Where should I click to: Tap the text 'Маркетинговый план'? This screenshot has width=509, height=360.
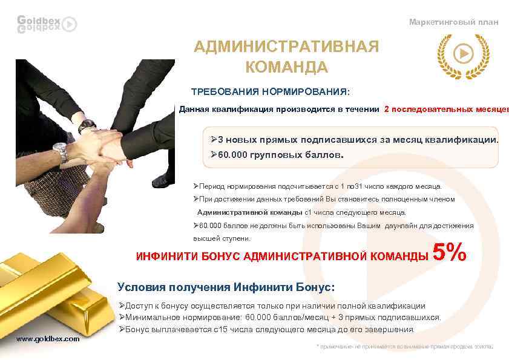[x=453, y=22]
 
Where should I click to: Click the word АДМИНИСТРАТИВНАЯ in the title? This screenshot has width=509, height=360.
[x=286, y=47]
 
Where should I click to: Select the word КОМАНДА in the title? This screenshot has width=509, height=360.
[x=287, y=67]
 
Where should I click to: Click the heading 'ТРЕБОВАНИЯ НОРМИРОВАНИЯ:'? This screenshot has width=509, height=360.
[x=271, y=93]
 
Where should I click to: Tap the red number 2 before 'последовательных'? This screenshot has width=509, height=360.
[x=387, y=110]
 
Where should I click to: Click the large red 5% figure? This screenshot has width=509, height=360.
[x=450, y=253]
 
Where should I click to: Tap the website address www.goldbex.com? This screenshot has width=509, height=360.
[x=48, y=339]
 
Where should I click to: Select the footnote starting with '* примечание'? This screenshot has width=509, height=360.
[x=405, y=347]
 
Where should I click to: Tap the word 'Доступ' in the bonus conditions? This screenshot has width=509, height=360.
[x=139, y=306]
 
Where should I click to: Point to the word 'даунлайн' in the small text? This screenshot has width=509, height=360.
[x=404, y=226]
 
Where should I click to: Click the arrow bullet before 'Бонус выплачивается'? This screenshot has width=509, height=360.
[x=122, y=329]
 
